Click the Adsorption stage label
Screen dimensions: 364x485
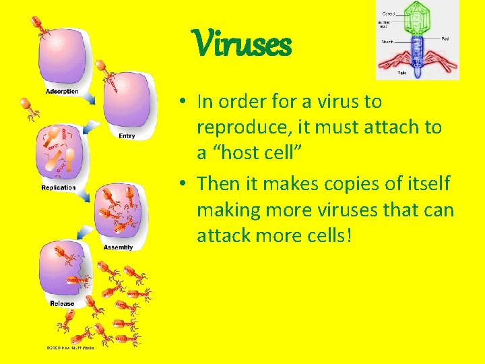pyautogui.click(x=62, y=92)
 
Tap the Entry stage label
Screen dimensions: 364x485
pyautogui.click(x=126, y=135)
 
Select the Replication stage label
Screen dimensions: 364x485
pyautogui.click(x=59, y=187)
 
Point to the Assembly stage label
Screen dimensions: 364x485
pyautogui.click(x=118, y=247)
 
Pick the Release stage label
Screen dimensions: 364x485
pyautogui.click(x=62, y=303)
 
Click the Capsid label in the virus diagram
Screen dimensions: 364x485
pyautogui.click(x=389, y=13)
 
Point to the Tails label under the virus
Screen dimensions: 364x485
pyautogui.click(x=402, y=73)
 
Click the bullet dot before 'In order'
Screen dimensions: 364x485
pyautogui.click(x=183, y=103)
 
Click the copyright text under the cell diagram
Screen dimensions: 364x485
pyautogui.click(x=70, y=348)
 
